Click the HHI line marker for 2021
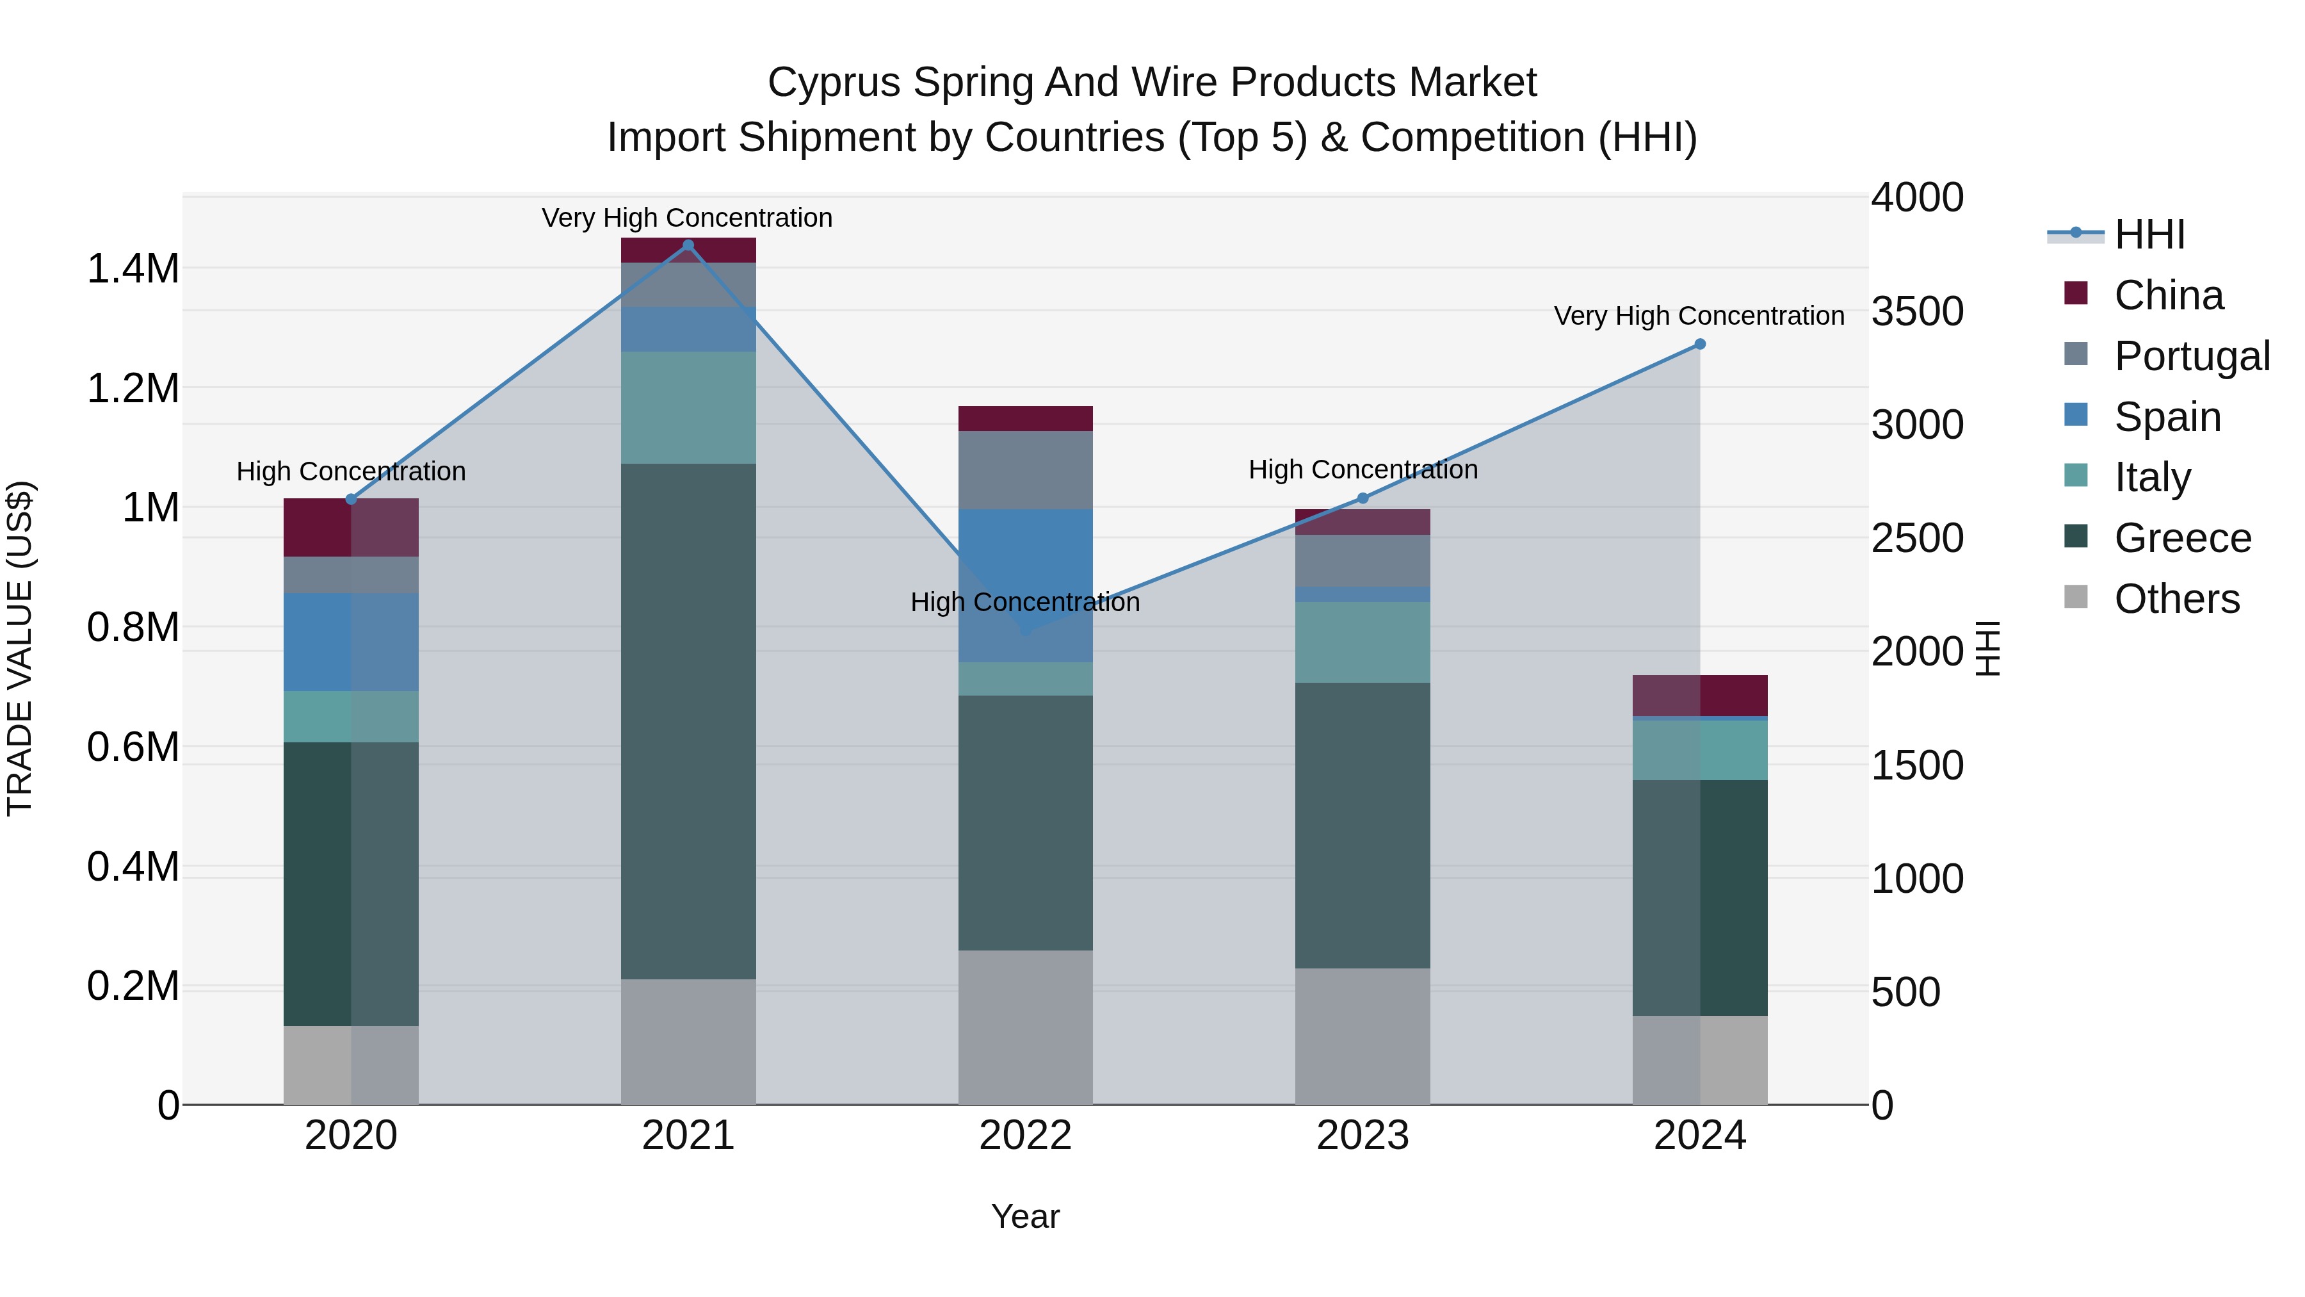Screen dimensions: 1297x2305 [688, 245]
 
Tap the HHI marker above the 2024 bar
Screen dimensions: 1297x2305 [1700, 344]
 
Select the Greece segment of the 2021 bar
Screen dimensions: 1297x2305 [688, 721]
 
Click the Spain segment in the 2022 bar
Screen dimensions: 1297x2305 [1026, 585]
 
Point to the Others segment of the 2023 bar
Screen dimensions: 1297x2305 [1363, 1036]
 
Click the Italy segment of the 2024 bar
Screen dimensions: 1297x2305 [1700, 750]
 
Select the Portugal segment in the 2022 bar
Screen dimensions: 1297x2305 [1026, 470]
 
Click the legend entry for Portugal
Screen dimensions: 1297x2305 [2192, 355]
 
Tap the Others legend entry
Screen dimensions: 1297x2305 [2176, 599]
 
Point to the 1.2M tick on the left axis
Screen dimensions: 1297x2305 [133, 389]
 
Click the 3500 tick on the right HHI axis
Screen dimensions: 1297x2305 [1916, 311]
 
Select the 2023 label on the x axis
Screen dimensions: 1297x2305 [1363, 1136]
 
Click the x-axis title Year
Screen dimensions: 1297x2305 [1026, 1216]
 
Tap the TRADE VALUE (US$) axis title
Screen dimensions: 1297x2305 [20, 648]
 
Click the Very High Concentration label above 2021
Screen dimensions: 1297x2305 [687, 218]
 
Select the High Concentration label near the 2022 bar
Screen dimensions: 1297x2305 [1026, 601]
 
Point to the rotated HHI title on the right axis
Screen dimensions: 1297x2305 [1986, 648]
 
